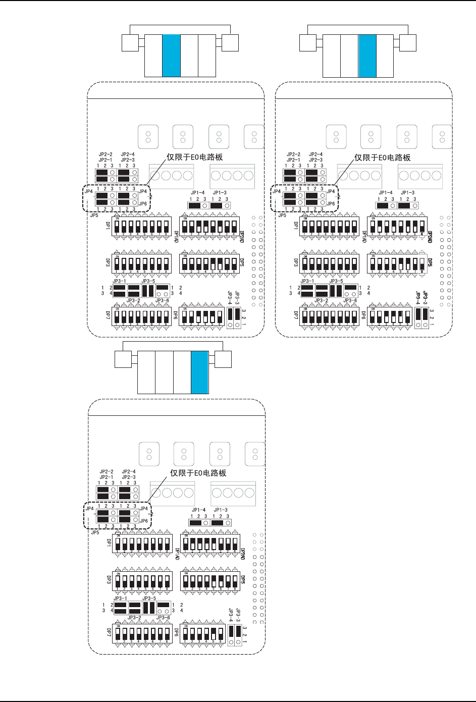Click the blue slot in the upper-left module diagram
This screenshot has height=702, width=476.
pos(171,56)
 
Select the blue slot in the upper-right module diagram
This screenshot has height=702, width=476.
pos(367,56)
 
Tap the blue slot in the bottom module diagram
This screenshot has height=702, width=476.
pos(199,372)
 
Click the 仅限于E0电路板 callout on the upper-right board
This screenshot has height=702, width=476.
pos(382,157)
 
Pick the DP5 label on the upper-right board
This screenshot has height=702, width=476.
pos(430,263)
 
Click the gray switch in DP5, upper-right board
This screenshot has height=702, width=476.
pos(422,264)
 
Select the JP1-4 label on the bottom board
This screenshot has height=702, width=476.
pos(198,510)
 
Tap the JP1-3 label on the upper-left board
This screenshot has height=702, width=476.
pos(220,193)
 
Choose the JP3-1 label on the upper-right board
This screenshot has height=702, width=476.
pos(307,281)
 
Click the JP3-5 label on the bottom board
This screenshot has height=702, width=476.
pos(149,599)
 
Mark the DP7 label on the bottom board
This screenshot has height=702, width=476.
pos(109,631)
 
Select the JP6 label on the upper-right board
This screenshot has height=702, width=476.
pos(331,204)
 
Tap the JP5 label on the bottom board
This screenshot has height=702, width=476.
pos(95,532)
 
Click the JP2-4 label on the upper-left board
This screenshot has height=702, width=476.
pos(128,154)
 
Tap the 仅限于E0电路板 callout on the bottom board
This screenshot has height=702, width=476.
pos(198,473)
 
